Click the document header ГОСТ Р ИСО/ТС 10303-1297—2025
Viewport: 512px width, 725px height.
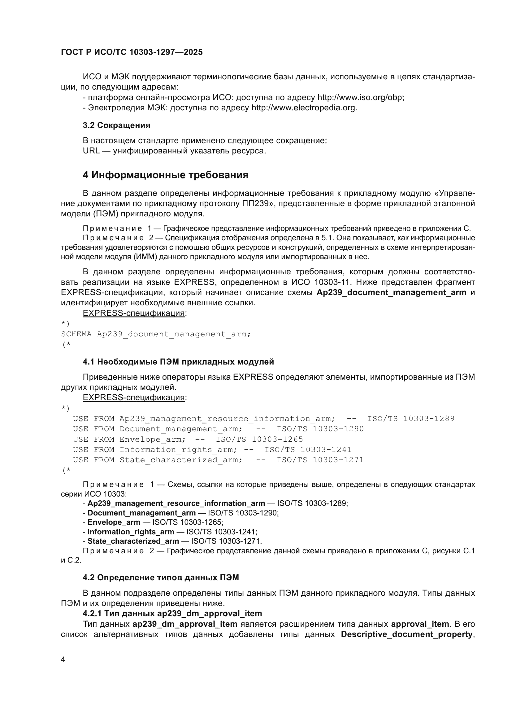click(x=132, y=52)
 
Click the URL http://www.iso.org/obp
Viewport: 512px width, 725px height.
click(x=360, y=97)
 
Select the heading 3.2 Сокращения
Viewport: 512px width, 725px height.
click(x=116, y=125)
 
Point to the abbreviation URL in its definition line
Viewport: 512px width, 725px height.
click(x=91, y=151)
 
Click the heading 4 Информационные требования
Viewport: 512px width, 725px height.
click(x=166, y=175)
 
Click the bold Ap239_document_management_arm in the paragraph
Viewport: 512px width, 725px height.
click(x=391, y=292)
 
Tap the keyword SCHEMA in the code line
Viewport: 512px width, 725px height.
click(x=76, y=334)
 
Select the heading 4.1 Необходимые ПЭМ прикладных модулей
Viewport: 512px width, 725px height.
click(x=178, y=362)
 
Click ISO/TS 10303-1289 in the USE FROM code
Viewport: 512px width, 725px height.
click(x=411, y=419)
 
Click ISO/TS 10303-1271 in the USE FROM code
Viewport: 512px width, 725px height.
click(x=320, y=460)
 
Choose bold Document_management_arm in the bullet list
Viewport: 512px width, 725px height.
click(x=141, y=513)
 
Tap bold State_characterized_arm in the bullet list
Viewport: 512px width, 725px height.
click(x=133, y=541)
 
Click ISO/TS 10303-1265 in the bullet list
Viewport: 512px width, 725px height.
click(x=188, y=522)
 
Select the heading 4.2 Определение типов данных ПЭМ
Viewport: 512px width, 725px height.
click(x=161, y=577)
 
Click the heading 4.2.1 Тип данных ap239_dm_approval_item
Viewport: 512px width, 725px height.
click(x=172, y=613)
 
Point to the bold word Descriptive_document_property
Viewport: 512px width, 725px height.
click(x=406, y=634)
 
